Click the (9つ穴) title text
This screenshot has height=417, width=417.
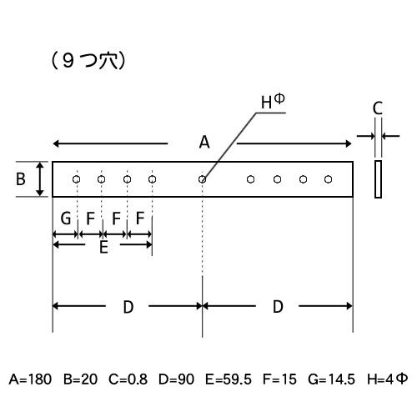pos(88,61)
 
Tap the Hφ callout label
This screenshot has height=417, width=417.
pos(273,101)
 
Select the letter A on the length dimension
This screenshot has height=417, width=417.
pos(204,142)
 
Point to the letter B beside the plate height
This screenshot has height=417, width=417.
pos(21,179)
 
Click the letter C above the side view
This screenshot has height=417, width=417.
pos(378,108)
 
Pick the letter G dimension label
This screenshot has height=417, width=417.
pos(66,219)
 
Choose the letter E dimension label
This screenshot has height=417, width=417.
pos(103,247)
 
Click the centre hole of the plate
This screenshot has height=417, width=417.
pos(203,179)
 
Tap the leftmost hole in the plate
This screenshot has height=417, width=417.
pos(77,179)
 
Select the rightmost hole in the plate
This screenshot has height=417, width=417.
pos(329,179)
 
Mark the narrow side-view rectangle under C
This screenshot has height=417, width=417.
pos(378,179)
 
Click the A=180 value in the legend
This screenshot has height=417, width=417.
pos(30,379)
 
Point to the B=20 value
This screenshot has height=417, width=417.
pos(81,379)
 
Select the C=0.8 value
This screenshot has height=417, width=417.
pos(128,379)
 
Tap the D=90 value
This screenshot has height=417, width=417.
pos(176,379)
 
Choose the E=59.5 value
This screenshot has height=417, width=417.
pos(229,379)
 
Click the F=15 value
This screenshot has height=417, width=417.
pos(279,379)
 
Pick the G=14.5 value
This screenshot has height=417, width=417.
pos(331,379)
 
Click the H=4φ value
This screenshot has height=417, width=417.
pos(388,379)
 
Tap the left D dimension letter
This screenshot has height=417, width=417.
pos(128,307)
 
